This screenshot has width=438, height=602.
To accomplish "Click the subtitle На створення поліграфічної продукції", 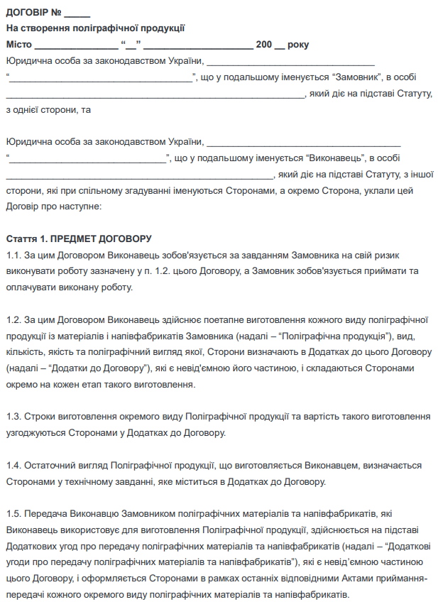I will (x=95, y=28).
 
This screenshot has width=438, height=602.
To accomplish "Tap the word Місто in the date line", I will (x=18, y=45).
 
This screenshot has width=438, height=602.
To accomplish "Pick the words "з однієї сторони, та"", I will (x=48, y=109).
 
